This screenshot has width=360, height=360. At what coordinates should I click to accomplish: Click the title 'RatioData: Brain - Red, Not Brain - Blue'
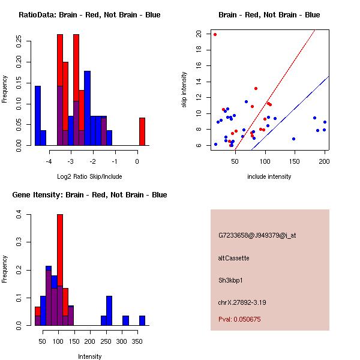pos(89,15)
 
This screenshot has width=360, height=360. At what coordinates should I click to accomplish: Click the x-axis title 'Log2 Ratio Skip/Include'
pos(89,176)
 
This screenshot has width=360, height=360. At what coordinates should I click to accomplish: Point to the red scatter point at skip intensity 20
pos(215,34)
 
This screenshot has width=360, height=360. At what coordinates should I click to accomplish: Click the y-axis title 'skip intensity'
pos(185,90)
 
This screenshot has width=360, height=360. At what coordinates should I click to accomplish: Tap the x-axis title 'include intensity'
pos(269,176)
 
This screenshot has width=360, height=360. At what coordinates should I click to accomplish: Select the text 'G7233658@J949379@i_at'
pos(257,235)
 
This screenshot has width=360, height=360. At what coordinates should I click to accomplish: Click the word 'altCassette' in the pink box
pos(234,258)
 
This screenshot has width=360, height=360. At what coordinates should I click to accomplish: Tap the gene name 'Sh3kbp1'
pos(231,280)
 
